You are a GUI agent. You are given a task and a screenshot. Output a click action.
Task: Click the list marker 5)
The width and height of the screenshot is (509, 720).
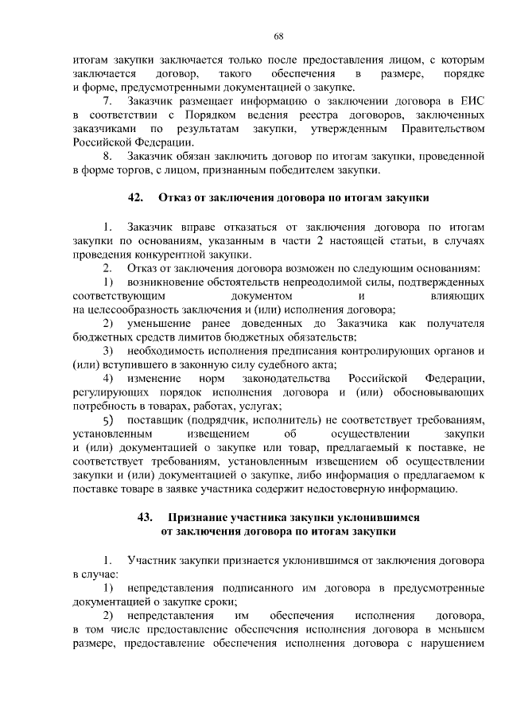pos(109,419)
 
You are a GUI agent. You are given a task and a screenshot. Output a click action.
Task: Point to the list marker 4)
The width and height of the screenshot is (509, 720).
pos(108,377)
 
